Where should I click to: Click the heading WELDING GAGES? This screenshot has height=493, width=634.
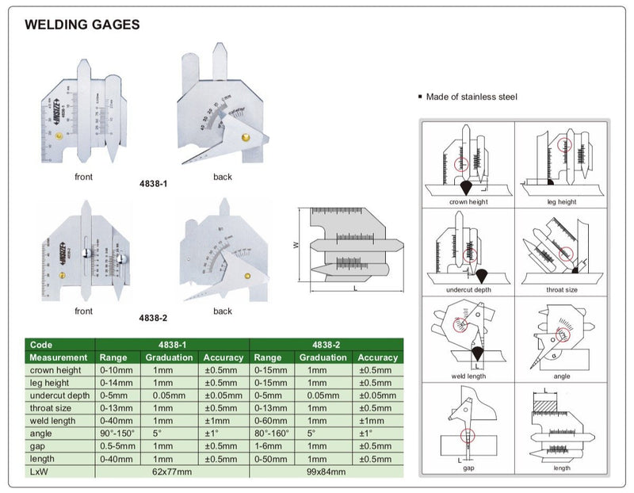coord(82,25)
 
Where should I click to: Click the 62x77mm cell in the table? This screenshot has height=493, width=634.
coord(173,470)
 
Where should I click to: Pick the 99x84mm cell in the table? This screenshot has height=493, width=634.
coord(325,470)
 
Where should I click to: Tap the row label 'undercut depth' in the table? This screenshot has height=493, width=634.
coord(60,396)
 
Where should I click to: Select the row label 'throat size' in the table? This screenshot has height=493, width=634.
coord(52,408)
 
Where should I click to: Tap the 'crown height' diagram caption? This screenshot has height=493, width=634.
coord(468,202)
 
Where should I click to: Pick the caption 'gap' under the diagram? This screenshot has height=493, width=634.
coord(468,468)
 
